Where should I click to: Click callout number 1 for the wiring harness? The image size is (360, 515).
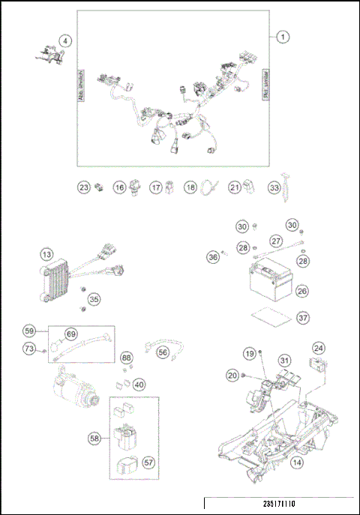(283, 36)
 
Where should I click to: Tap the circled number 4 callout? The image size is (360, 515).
(67, 42)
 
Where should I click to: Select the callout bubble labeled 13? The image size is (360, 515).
(46, 256)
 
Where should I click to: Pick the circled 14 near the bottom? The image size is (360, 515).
(298, 463)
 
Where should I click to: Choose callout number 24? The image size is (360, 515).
(319, 348)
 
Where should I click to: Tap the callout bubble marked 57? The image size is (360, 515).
(148, 463)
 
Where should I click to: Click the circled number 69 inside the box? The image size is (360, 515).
(71, 334)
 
